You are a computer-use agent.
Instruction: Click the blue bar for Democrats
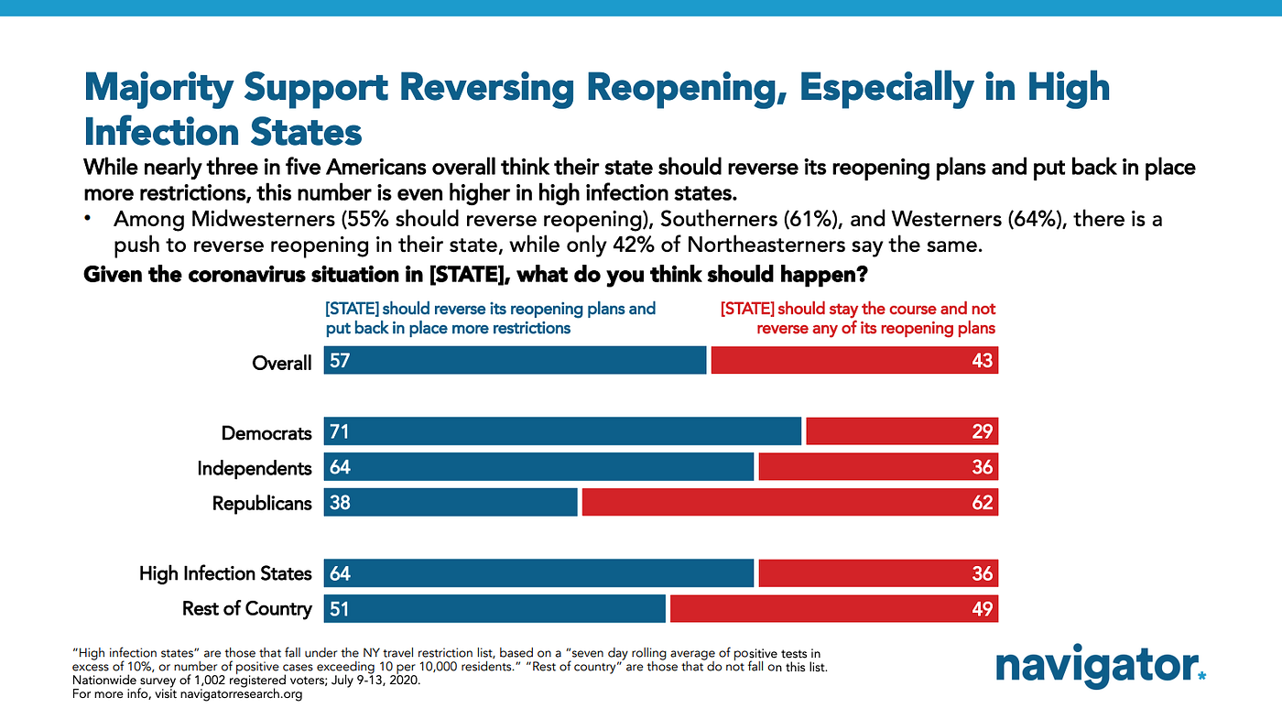(561, 431)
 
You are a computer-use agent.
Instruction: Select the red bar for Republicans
(789, 502)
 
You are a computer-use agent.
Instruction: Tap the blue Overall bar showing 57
(515, 361)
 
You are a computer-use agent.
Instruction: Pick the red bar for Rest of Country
(833, 609)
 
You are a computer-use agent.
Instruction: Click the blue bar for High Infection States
(538, 573)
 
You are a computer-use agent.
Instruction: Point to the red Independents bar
(877, 467)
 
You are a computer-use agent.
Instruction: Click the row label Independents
(255, 468)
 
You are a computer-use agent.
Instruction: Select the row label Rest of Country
(247, 609)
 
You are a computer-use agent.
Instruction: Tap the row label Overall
(282, 363)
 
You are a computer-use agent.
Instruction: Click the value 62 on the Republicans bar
(982, 503)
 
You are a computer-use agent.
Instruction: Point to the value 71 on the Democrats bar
(340, 432)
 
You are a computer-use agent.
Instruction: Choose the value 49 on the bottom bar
(982, 609)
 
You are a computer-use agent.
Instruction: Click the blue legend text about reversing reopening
(490, 318)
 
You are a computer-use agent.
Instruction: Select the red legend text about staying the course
(858, 318)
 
